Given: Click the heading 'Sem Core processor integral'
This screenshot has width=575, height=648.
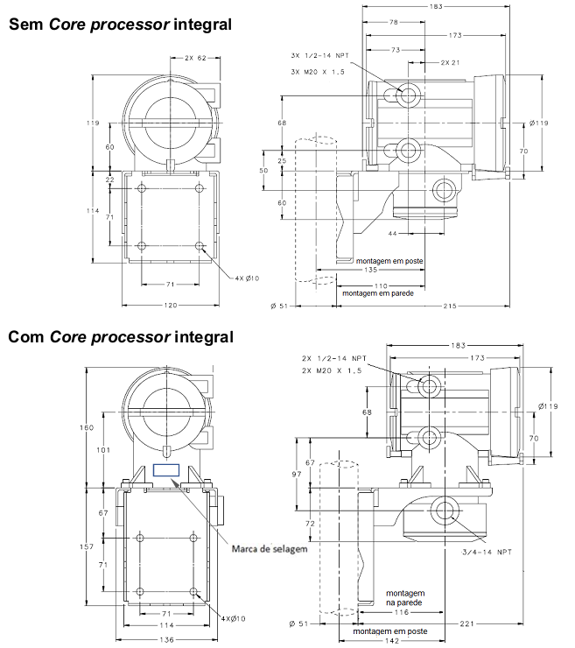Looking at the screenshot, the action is [x=120, y=25].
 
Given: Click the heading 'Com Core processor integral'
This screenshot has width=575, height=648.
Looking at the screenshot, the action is [x=121, y=337].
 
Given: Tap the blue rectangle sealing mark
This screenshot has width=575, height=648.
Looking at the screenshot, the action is [x=166, y=470].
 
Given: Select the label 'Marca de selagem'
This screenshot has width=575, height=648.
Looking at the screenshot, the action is [x=270, y=549].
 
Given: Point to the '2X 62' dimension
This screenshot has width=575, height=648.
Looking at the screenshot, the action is [x=195, y=59].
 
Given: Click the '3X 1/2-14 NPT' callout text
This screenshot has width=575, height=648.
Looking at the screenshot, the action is [x=319, y=55].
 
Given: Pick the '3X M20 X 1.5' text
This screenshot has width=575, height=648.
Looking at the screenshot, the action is [x=317, y=72].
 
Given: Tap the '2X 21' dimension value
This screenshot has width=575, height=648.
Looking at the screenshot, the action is [x=450, y=63].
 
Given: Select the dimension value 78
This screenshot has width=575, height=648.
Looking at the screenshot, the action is [x=394, y=22].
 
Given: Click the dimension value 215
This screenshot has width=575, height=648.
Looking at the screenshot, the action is [x=450, y=306].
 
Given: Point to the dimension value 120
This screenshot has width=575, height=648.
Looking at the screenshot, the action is [x=170, y=306].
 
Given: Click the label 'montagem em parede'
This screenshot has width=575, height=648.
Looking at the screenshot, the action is [x=378, y=293].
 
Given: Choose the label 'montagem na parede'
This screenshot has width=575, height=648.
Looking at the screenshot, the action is [x=405, y=598].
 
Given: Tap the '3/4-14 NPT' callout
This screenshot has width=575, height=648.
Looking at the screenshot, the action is [x=487, y=552].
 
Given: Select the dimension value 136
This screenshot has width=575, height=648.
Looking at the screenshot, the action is [x=166, y=640].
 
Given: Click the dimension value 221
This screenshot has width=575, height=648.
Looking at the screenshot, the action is [x=466, y=623].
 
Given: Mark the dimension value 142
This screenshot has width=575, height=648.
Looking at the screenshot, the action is [x=391, y=641].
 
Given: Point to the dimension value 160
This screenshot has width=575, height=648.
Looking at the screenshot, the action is [x=87, y=427].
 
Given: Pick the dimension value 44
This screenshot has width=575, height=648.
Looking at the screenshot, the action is [x=392, y=234].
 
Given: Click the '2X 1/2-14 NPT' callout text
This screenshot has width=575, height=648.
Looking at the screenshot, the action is [x=333, y=358].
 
